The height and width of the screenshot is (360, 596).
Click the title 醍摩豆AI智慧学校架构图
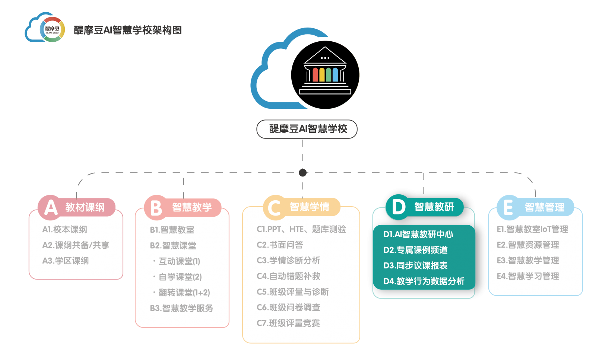(127, 30)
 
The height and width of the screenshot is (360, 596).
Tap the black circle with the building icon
(325, 75)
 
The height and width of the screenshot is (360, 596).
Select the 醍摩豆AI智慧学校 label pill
(307, 129)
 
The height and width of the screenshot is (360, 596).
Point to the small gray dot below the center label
(303, 173)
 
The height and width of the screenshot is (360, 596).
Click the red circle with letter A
(50, 207)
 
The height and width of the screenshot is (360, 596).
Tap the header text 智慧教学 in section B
(192, 207)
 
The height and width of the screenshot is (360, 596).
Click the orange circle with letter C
(275, 207)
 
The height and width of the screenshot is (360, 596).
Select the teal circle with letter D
(398, 207)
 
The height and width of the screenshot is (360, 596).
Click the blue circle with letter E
(508, 207)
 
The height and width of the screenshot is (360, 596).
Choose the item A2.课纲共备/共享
(76, 245)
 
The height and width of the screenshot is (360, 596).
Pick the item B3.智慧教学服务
(181, 308)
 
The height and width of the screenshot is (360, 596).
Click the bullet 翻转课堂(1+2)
(184, 293)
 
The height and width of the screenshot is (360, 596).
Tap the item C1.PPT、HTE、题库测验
(301, 229)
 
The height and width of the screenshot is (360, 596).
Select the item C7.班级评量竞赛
(288, 323)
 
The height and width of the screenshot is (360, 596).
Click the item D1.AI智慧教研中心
(418, 234)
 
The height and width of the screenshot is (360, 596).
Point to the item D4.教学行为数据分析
(424, 281)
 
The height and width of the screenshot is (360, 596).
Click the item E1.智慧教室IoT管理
(532, 229)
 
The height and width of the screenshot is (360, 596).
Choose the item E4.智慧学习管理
(527, 276)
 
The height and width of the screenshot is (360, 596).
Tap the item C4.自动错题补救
(288, 276)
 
